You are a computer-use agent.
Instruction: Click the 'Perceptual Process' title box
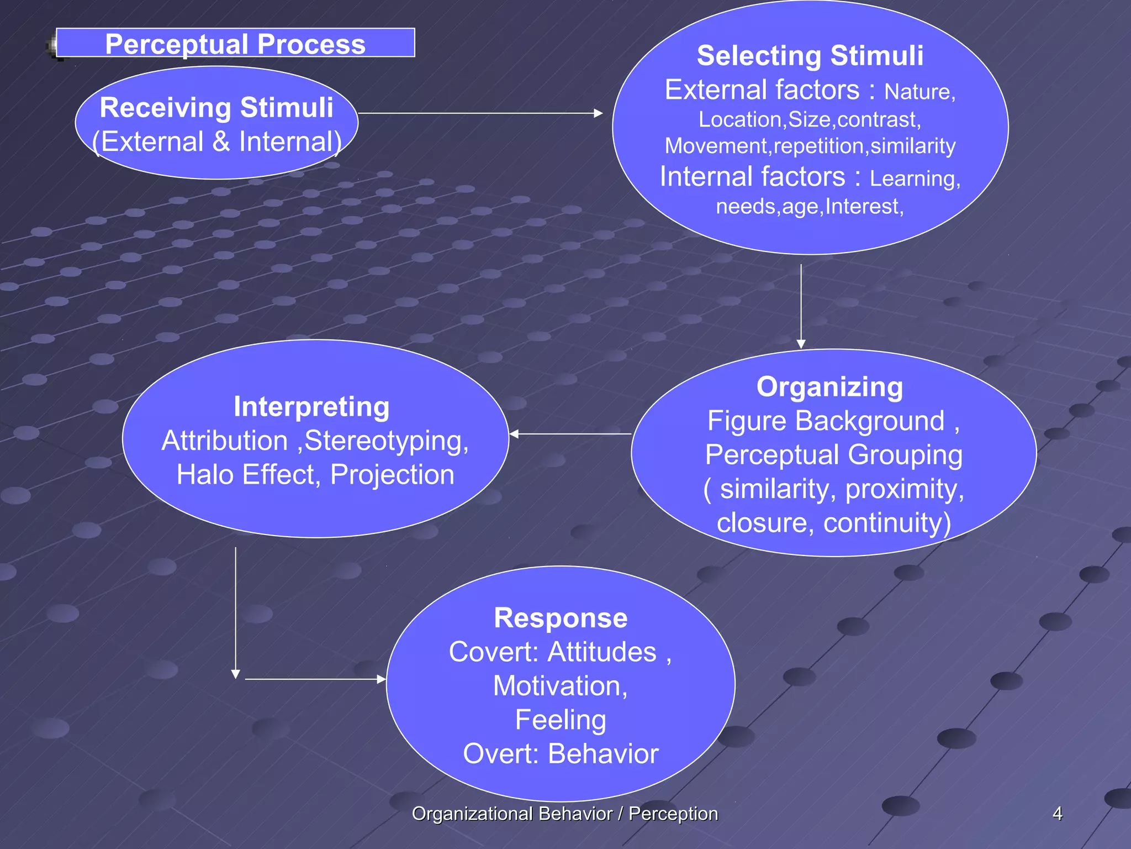pyautogui.click(x=235, y=43)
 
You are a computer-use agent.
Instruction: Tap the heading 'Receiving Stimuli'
pyautogui.click(x=216, y=107)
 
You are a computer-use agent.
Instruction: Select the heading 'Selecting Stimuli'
pyautogui.click(x=810, y=55)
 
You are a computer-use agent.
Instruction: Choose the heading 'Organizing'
pyautogui.click(x=829, y=386)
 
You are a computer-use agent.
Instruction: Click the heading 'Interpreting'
pyautogui.click(x=311, y=406)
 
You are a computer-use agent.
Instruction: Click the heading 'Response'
pyautogui.click(x=561, y=617)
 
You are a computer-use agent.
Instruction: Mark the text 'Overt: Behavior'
pyautogui.click(x=561, y=754)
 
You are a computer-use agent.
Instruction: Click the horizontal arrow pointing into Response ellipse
pyautogui.click(x=315, y=679)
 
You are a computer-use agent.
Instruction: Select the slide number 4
pyautogui.click(x=1057, y=814)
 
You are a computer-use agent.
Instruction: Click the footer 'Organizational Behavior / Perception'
pyautogui.click(x=564, y=814)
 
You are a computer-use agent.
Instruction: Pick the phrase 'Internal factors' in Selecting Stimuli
pyautogui.click(x=752, y=177)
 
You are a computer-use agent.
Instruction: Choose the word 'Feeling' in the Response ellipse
pyautogui.click(x=561, y=720)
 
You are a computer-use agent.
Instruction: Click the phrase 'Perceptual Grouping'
pyautogui.click(x=833, y=455)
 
